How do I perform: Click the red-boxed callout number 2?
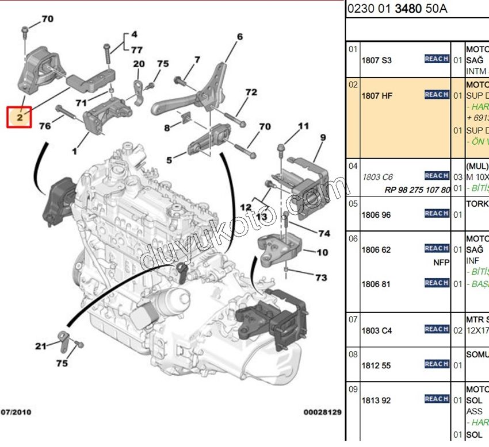click(x=19, y=118)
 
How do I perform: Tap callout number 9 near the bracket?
click(x=323, y=137)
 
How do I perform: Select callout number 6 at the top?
click(x=239, y=37)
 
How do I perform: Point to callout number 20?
click(x=139, y=64)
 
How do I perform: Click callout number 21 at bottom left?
click(x=40, y=346)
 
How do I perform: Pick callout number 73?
click(x=321, y=278)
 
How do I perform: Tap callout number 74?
click(x=324, y=234)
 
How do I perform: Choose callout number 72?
click(x=251, y=92)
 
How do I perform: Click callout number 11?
click(x=303, y=125)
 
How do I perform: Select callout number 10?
click(x=322, y=252)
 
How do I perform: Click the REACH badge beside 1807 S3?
click(x=437, y=59)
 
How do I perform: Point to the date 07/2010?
click(x=17, y=412)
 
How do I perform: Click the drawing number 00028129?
click(x=322, y=412)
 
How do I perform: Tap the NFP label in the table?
click(x=441, y=262)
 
